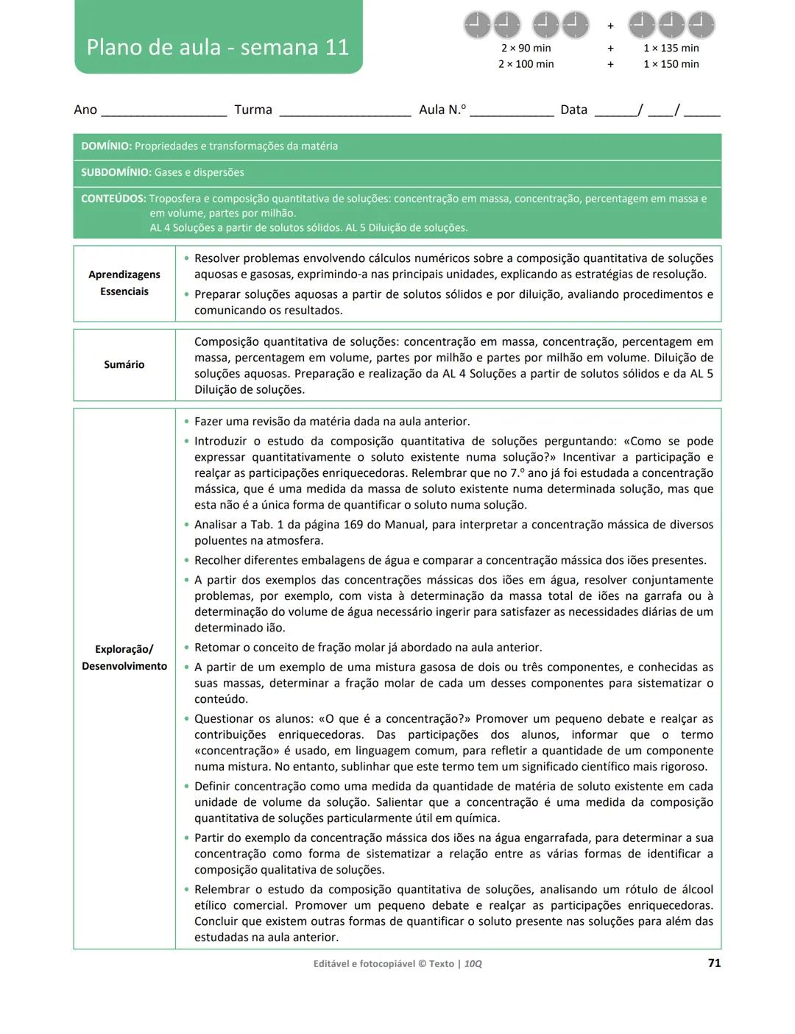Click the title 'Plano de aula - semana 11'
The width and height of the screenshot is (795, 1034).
[x=218, y=47]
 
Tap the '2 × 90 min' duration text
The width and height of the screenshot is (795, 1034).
[x=526, y=48]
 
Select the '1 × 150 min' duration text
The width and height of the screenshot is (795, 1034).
[x=671, y=64]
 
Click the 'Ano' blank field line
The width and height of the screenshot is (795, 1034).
[x=163, y=113]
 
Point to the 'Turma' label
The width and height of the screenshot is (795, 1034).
[x=253, y=110]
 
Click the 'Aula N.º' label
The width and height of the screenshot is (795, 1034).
[x=442, y=110]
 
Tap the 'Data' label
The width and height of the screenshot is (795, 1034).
[x=573, y=110]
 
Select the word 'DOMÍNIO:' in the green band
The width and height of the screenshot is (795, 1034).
[x=106, y=146]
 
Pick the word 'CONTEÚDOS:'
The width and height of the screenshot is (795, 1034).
[x=113, y=199]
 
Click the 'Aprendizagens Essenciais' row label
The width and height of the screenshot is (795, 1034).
[x=124, y=283]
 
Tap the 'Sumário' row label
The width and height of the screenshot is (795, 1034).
[x=124, y=364]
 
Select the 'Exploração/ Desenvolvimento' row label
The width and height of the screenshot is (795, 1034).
[x=124, y=658]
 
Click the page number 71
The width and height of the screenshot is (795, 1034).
[x=713, y=963]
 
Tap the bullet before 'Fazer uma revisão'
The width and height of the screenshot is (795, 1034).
[x=186, y=422]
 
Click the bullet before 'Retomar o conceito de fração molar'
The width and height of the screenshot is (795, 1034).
[x=186, y=648]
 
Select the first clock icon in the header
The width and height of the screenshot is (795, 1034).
[x=477, y=25]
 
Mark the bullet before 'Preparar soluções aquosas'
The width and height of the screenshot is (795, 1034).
[x=186, y=294]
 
